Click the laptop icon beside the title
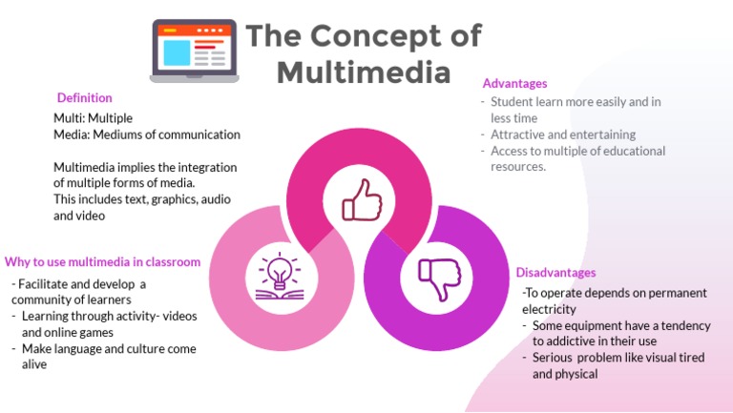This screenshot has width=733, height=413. [x=194, y=50]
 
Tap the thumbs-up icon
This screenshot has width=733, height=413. [x=362, y=200]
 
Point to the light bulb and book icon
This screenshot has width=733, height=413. [x=279, y=278]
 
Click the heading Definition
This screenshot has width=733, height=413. [x=84, y=97]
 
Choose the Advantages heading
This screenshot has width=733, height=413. [x=514, y=84]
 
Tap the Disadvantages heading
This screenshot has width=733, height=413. [x=555, y=273]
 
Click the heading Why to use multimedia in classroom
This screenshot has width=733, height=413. [x=102, y=261]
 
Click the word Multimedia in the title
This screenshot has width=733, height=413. [x=364, y=72]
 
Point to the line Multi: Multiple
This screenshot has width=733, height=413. [x=94, y=118]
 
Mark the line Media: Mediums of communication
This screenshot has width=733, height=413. [x=146, y=134]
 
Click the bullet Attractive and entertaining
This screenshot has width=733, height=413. [x=563, y=134]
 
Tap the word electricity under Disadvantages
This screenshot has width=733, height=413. [x=549, y=309]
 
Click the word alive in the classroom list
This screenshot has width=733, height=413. [x=34, y=364]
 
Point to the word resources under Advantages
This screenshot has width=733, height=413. [x=518, y=167]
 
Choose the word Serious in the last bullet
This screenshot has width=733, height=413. [x=554, y=357]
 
